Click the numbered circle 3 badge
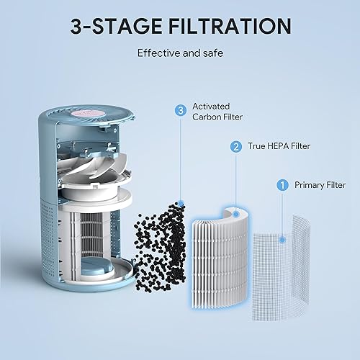coord(181,110)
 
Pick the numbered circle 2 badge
coord(235,147)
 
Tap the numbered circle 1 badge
coord(283,185)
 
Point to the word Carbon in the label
coord(207,118)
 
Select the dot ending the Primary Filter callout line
coord(283,238)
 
